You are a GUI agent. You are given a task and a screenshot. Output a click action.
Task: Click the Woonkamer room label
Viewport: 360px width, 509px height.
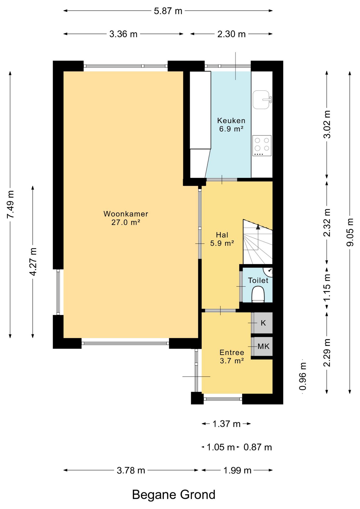click(126, 214)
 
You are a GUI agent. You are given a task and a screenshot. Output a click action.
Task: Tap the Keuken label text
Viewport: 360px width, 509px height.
click(231, 121)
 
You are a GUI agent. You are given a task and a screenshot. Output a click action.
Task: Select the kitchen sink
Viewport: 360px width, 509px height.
click(262, 100)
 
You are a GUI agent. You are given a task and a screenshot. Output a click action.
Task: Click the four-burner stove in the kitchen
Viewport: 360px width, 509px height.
click(262, 146)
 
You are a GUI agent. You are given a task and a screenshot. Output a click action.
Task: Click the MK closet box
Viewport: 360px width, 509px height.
click(263, 346)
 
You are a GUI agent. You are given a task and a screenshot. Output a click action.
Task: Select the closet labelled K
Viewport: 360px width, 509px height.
click(263, 323)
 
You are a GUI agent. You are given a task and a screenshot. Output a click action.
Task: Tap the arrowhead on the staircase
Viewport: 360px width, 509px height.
click(258, 226)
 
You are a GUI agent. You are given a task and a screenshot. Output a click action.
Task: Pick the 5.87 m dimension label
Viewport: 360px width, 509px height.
click(168, 11)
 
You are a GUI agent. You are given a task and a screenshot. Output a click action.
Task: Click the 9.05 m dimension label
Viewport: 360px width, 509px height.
click(350, 232)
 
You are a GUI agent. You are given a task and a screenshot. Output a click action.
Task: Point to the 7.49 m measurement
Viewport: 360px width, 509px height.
click(10, 204)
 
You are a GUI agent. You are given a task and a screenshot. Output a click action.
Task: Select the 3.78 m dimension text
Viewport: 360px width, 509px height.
click(131, 470)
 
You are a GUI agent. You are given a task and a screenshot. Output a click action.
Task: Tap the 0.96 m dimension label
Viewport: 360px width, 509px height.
click(302, 376)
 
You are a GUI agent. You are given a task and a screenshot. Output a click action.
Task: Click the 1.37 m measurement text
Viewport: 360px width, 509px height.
click(226, 424)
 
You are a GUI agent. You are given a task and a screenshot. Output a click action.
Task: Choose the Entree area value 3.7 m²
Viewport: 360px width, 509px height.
click(232, 361)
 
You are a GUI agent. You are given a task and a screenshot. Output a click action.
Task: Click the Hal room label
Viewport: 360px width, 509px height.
click(222, 235)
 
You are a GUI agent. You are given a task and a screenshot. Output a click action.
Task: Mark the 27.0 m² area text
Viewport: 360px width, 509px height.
click(126, 222)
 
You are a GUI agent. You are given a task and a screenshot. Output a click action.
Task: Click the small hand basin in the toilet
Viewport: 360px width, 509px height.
click(268, 271)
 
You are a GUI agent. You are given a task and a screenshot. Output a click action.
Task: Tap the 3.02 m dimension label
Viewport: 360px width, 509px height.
click(327, 124)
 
